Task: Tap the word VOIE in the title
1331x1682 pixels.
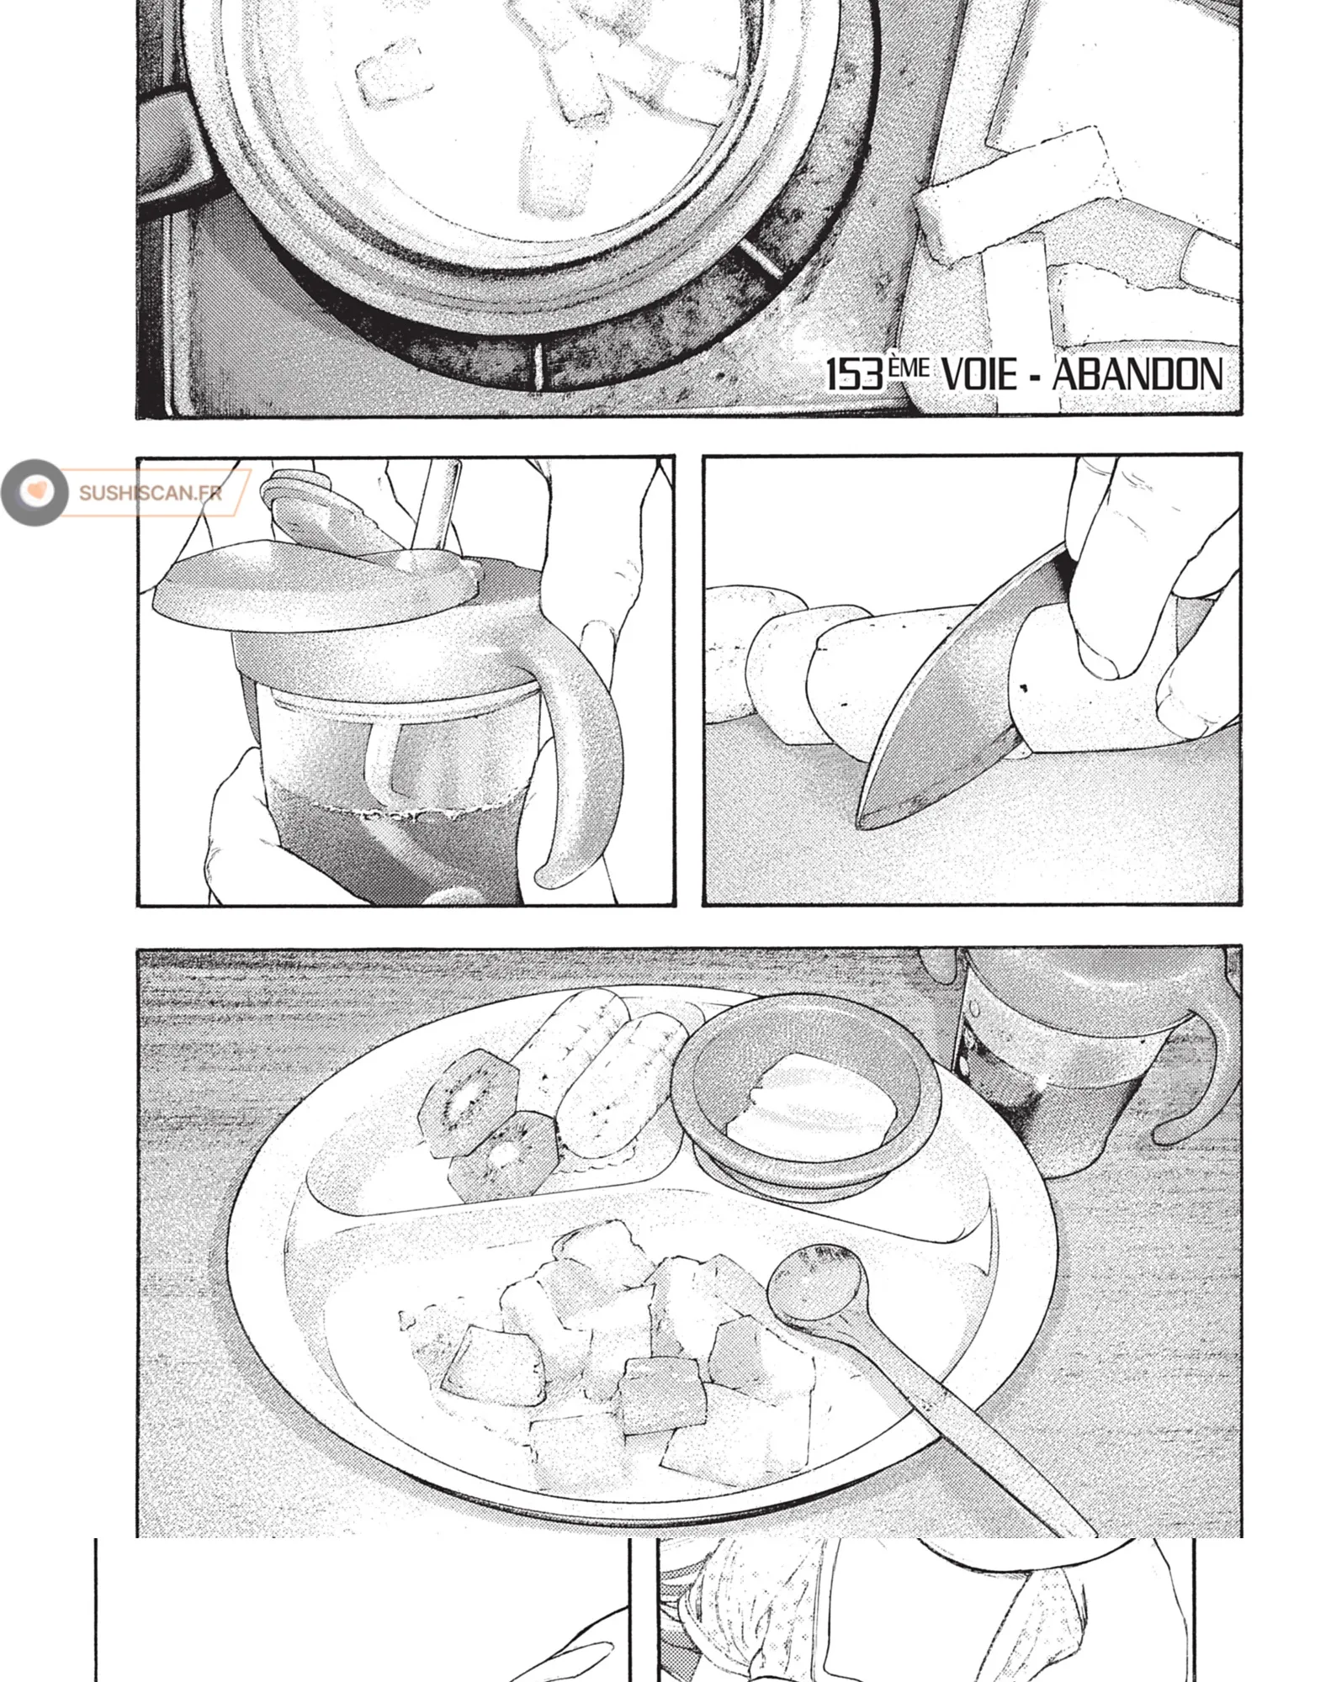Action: [x=978, y=374]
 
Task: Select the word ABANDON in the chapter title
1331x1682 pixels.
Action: [x=1137, y=374]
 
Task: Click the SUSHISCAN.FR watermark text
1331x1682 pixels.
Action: [x=151, y=493]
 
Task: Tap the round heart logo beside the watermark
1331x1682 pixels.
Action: [x=35, y=492]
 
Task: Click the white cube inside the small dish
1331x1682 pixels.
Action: [x=817, y=1095]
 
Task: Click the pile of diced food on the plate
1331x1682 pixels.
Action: [x=606, y=1346]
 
